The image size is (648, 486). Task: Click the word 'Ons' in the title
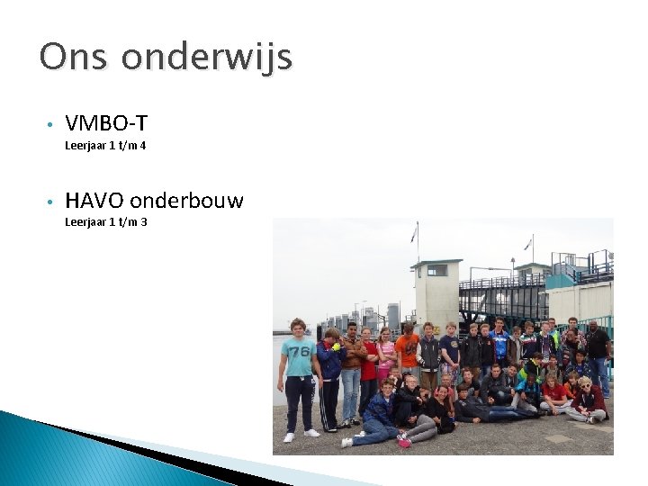tap(74, 57)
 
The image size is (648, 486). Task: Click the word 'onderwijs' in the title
tap(207, 57)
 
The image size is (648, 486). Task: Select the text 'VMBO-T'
tap(106, 123)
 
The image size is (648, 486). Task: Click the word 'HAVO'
tap(94, 200)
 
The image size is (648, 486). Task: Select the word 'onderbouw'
tap(186, 200)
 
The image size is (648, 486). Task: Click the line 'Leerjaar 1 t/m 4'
tap(105, 145)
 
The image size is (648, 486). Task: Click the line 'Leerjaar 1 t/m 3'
tap(105, 221)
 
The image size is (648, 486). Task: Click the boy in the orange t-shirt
tap(408, 349)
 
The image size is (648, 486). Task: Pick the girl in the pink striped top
tap(386, 353)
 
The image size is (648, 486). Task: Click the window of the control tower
tap(436, 270)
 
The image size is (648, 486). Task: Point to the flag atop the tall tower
tap(414, 234)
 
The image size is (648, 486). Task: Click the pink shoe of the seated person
tap(404, 442)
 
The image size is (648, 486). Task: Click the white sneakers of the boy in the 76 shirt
tap(301, 435)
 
